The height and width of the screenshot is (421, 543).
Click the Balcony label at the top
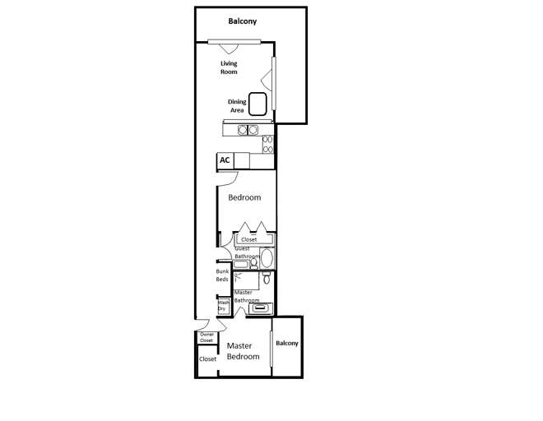pyautogui.click(x=242, y=21)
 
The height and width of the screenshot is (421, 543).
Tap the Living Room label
pyautogui.click(x=229, y=67)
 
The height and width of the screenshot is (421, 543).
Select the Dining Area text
pyautogui.click(x=237, y=105)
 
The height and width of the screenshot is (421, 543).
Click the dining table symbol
pyautogui.click(x=258, y=104)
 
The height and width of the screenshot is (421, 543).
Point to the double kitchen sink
pyautogui.click(x=248, y=129)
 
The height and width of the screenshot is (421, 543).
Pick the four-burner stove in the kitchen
pyautogui.click(x=268, y=144)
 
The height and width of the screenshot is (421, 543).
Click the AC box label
pyautogui.click(x=225, y=160)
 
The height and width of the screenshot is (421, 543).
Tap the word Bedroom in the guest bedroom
pyautogui.click(x=244, y=197)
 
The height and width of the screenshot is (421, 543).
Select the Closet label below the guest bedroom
pyautogui.click(x=248, y=239)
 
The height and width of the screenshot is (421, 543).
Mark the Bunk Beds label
pyautogui.click(x=222, y=275)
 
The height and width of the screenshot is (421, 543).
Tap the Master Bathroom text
pyautogui.click(x=247, y=296)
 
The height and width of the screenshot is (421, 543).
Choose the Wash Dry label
pyautogui.click(x=223, y=306)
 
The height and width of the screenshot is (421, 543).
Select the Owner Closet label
pyautogui.click(x=207, y=337)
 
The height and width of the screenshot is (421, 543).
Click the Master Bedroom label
pyautogui.click(x=243, y=351)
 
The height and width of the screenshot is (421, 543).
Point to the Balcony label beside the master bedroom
pyautogui.click(x=287, y=343)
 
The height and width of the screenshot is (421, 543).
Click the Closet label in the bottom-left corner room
pyautogui.click(x=208, y=359)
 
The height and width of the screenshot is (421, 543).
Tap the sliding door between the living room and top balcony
pyautogui.click(x=229, y=42)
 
